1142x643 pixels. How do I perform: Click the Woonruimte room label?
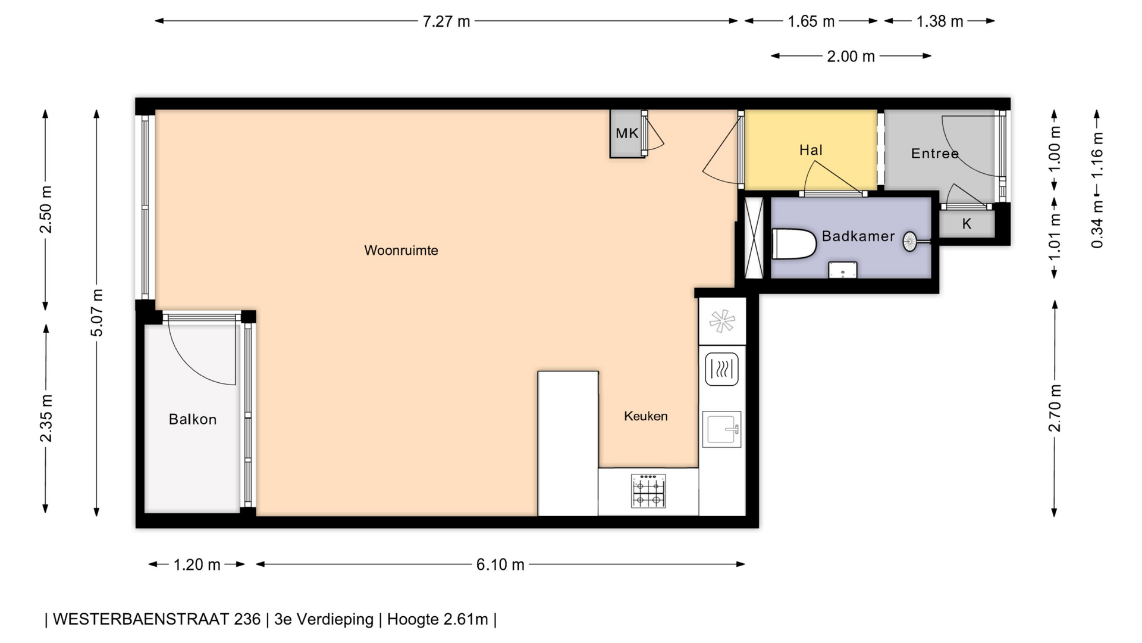401,251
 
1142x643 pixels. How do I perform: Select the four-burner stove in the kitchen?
648,491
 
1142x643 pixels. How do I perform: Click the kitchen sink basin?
721,429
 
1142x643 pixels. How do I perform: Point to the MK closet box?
627,133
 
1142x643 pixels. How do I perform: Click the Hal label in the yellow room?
811,150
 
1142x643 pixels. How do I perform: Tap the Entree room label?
934,154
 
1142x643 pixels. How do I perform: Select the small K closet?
967,224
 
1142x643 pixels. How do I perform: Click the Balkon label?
192,420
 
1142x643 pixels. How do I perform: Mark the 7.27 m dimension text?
446,21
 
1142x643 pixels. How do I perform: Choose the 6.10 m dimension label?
500,564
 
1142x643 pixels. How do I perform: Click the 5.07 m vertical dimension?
97,313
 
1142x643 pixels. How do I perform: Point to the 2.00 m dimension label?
851,57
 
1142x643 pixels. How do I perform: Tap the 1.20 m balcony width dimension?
197,564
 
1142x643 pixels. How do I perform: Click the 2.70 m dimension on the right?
1055,408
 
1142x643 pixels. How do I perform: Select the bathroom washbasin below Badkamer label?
843,270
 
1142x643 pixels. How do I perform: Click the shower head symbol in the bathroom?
910,241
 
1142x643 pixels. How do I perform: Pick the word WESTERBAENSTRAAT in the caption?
157,619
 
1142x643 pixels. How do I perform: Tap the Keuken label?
646,416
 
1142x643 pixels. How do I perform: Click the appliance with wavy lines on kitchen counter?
721,369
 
